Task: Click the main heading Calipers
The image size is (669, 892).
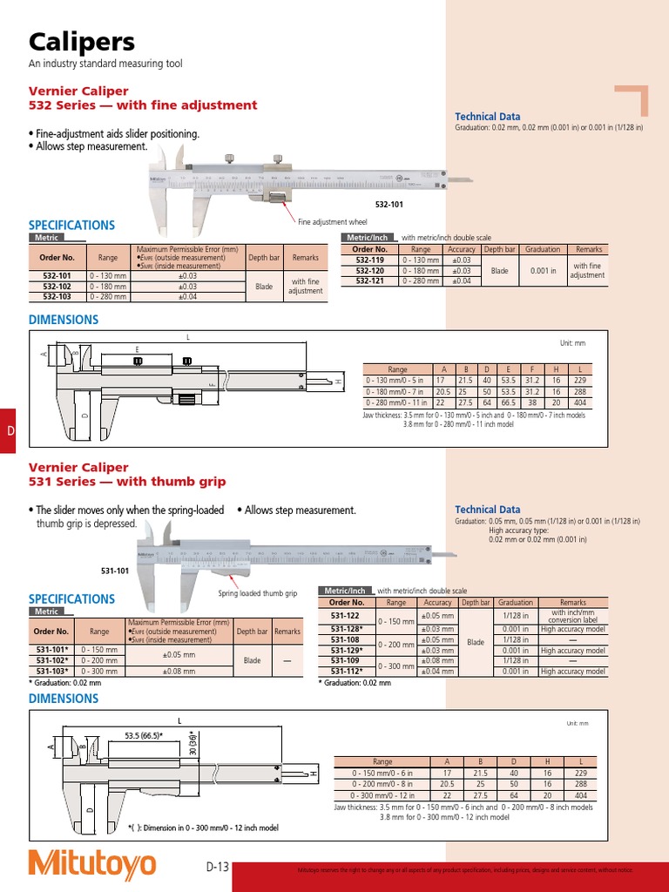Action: pos(82,42)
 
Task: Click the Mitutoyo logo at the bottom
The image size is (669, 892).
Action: pos(92,864)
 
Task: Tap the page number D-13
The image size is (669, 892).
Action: pos(217,867)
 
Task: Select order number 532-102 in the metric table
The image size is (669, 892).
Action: pos(57,286)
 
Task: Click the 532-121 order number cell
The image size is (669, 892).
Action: pos(369,280)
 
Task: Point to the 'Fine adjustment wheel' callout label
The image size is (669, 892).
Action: pos(334,222)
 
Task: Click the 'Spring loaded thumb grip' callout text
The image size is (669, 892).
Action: pos(257,593)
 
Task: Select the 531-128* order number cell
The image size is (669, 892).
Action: pos(346,628)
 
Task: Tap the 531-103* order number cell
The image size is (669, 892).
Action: pos(53,672)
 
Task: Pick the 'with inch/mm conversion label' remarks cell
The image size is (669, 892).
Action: pos(572,616)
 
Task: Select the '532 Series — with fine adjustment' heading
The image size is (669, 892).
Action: pos(143,105)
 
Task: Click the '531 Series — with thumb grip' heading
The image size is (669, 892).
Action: pos(127,482)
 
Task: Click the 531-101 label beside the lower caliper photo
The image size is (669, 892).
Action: pos(115,571)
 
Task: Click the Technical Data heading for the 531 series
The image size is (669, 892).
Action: pos(487,510)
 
